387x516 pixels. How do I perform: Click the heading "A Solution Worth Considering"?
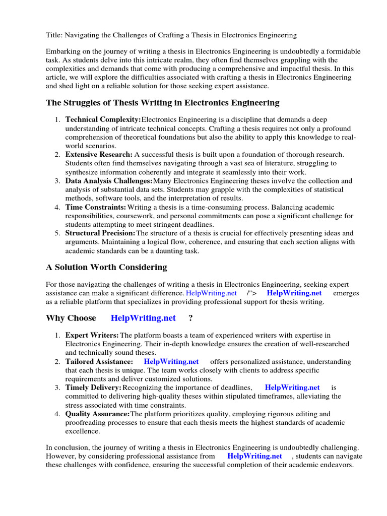pyautogui.click(x=106, y=267)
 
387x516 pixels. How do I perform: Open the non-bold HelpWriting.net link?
pyautogui.click(x=211, y=293)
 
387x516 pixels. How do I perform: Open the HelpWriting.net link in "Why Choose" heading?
pyautogui.click(x=143, y=318)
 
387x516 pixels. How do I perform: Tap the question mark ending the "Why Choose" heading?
pyautogui.click(x=190, y=318)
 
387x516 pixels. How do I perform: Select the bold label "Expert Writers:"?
pyautogui.click(x=92, y=335)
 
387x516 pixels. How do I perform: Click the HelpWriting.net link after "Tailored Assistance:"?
pyautogui.click(x=171, y=361)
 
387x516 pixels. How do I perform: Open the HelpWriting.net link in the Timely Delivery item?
pyautogui.click(x=292, y=388)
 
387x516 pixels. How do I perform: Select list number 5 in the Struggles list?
pyautogui.click(x=58, y=233)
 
